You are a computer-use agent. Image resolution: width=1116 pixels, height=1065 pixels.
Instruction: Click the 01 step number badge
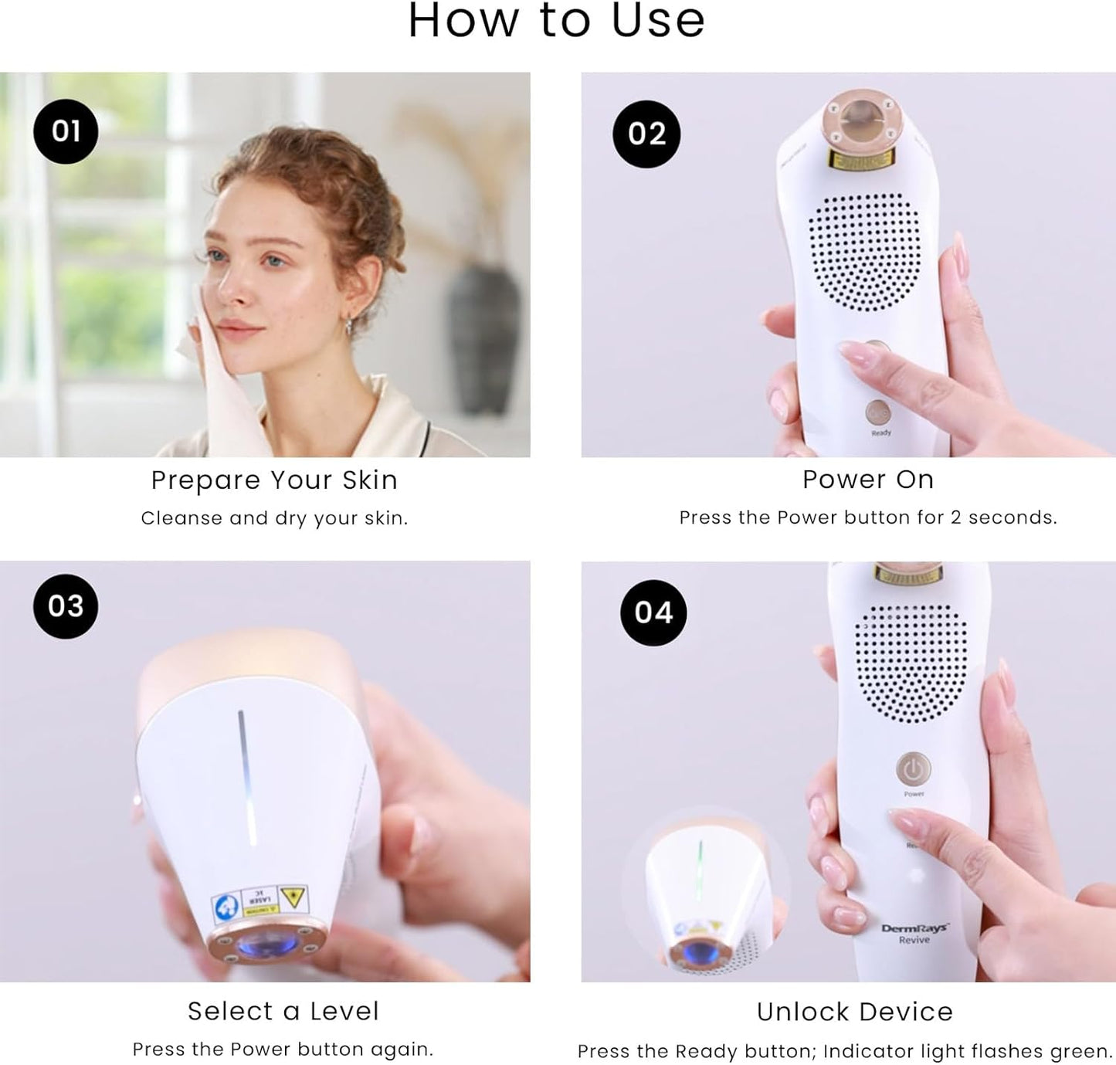(66, 131)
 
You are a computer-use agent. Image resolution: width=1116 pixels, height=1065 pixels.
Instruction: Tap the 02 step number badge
(646, 134)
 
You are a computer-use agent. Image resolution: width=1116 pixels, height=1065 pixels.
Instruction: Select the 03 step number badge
(66, 606)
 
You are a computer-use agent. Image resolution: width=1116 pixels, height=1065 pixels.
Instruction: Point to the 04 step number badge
(653, 613)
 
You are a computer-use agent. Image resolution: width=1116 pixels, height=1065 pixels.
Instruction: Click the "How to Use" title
(556, 21)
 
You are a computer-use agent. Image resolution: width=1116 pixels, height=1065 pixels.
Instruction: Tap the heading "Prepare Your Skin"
(274, 480)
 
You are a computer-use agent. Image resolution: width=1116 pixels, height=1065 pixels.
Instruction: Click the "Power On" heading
(868, 480)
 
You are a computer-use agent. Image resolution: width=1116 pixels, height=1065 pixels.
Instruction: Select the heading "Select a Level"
(283, 1011)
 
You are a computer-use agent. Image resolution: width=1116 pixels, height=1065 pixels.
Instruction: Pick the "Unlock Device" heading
(855, 1012)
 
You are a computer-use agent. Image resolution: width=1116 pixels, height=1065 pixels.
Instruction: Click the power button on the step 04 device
(914, 769)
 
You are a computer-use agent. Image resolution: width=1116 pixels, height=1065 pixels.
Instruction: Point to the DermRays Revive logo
(914, 933)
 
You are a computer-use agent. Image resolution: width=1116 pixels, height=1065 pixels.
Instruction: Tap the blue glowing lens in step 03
(263, 944)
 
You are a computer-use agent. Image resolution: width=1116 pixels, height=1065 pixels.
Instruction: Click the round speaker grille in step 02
(864, 252)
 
